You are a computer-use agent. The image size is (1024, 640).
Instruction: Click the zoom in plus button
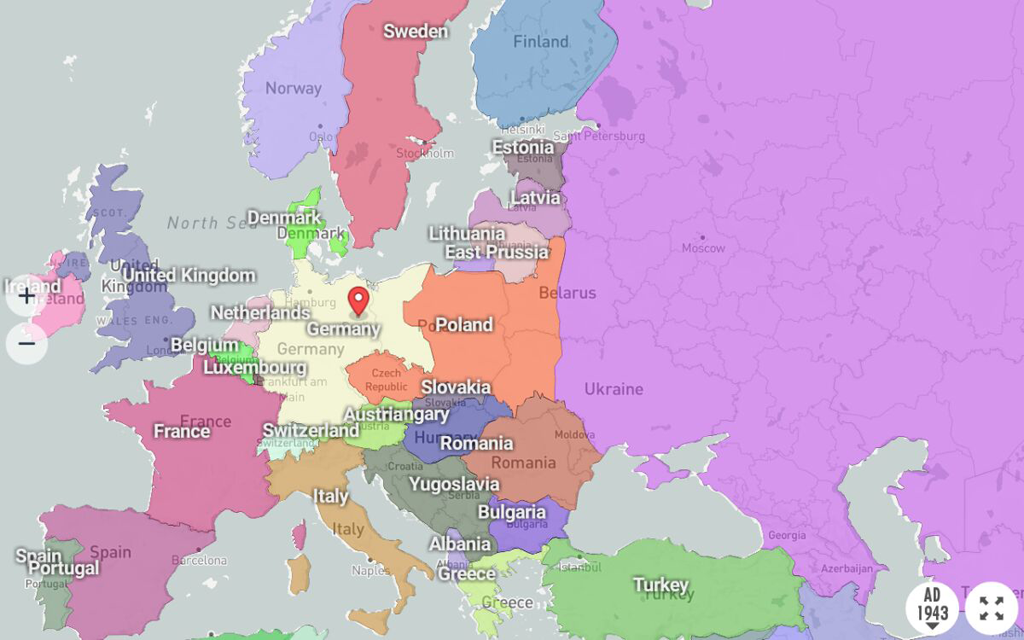pyautogui.click(x=27, y=296)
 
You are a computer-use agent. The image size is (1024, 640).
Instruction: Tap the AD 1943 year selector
pyautogui.click(x=932, y=606)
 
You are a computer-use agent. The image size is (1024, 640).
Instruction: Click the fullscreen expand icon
pyautogui.click(x=991, y=607)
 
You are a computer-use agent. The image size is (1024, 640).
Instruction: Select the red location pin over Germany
pyautogui.click(x=358, y=301)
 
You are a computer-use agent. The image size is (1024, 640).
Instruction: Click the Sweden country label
pyautogui.click(x=416, y=31)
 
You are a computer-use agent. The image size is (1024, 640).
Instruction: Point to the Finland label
pyautogui.click(x=540, y=42)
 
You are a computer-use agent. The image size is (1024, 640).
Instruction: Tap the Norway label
pyautogui.click(x=293, y=88)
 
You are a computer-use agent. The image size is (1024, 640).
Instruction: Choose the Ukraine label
pyautogui.click(x=613, y=389)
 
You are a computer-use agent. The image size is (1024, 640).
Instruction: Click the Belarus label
pyautogui.click(x=567, y=293)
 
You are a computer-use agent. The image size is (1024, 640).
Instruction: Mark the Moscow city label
pyautogui.click(x=703, y=248)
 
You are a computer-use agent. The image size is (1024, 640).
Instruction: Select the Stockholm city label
pyautogui.click(x=424, y=153)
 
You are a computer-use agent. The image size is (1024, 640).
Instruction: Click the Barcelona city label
pyautogui.click(x=199, y=560)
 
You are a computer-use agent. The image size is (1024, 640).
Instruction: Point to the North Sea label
pyautogui.click(x=205, y=223)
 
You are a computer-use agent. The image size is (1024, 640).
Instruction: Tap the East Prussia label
pyautogui.click(x=497, y=252)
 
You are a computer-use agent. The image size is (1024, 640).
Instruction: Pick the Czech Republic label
pyautogui.click(x=385, y=380)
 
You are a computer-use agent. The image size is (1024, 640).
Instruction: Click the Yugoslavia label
pyautogui.click(x=454, y=484)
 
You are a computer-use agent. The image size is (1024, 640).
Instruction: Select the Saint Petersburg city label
pyautogui.click(x=599, y=136)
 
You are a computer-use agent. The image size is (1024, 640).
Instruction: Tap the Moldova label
pyautogui.click(x=574, y=435)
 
